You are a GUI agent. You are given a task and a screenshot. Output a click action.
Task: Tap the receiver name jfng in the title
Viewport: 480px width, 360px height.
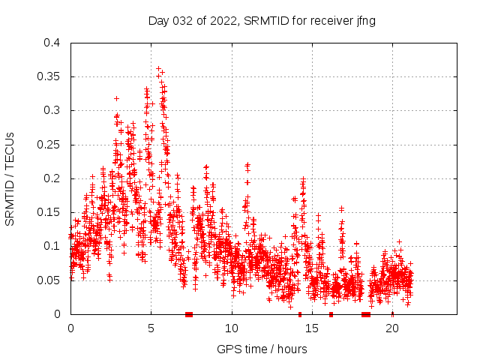364,20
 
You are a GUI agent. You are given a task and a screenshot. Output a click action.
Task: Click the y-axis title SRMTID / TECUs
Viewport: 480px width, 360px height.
10,178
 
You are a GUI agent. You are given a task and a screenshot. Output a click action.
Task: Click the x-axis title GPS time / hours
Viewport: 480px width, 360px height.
262,349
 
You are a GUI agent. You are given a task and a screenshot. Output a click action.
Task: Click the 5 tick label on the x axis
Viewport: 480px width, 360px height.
151,328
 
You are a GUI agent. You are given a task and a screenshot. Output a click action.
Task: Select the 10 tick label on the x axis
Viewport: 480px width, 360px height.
232,328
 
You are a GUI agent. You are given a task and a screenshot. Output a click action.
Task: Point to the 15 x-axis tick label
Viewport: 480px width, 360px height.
312,328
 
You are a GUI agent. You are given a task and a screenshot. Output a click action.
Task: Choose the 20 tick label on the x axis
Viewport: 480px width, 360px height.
392,328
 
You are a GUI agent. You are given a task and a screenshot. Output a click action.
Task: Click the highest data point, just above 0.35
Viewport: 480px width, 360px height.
157,68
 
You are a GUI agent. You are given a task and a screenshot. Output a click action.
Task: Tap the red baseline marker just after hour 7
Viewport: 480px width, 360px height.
189,314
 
